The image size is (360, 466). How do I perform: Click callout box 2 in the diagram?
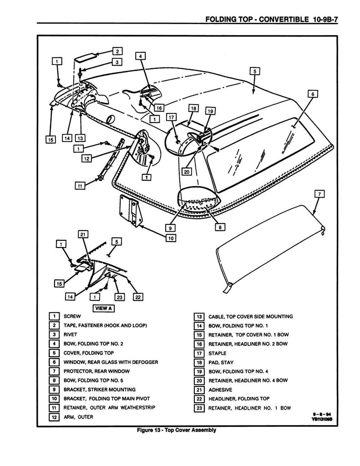point(117,51)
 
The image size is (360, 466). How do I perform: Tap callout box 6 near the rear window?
point(312,94)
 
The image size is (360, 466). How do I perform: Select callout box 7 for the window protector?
point(320,194)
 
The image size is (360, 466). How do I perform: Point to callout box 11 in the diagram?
point(80,185)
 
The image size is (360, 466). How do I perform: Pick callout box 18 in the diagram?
point(193,109)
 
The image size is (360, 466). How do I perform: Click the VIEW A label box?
point(103,308)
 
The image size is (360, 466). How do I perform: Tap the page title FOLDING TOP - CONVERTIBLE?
point(256,20)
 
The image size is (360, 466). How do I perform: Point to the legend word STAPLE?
point(217,353)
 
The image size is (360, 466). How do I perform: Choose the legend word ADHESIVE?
point(220,390)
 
